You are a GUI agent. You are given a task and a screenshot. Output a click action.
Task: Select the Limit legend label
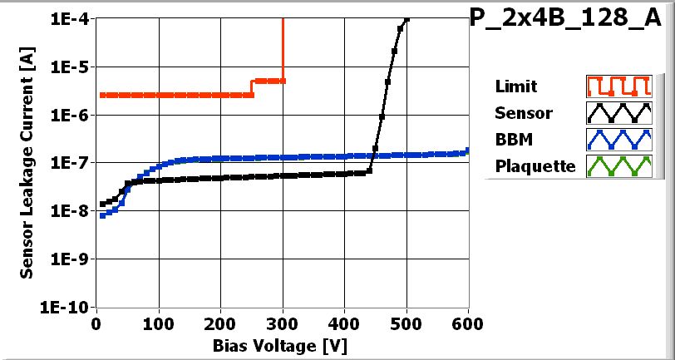pyautogui.click(x=515, y=86)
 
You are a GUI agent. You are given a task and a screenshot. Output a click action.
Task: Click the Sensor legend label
pyautogui.click(x=523, y=113)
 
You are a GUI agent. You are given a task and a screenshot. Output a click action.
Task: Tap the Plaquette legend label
pyautogui.click(x=535, y=165)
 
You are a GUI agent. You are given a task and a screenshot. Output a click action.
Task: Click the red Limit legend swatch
pyautogui.click(x=617, y=86)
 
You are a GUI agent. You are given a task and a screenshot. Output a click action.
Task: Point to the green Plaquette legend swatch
pyautogui.click(x=617, y=165)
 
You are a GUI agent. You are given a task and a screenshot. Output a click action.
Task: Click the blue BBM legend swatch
pyautogui.click(x=617, y=139)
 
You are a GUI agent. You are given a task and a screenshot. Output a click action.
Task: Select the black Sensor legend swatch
pyautogui.click(x=617, y=113)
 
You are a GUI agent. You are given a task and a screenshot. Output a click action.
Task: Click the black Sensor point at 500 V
pyautogui.click(x=406, y=19)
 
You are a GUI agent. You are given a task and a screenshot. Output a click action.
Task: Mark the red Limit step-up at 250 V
pyautogui.click(x=252, y=87)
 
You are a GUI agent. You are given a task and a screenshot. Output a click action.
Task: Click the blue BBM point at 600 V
pyautogui.click(x=467, y=150)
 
